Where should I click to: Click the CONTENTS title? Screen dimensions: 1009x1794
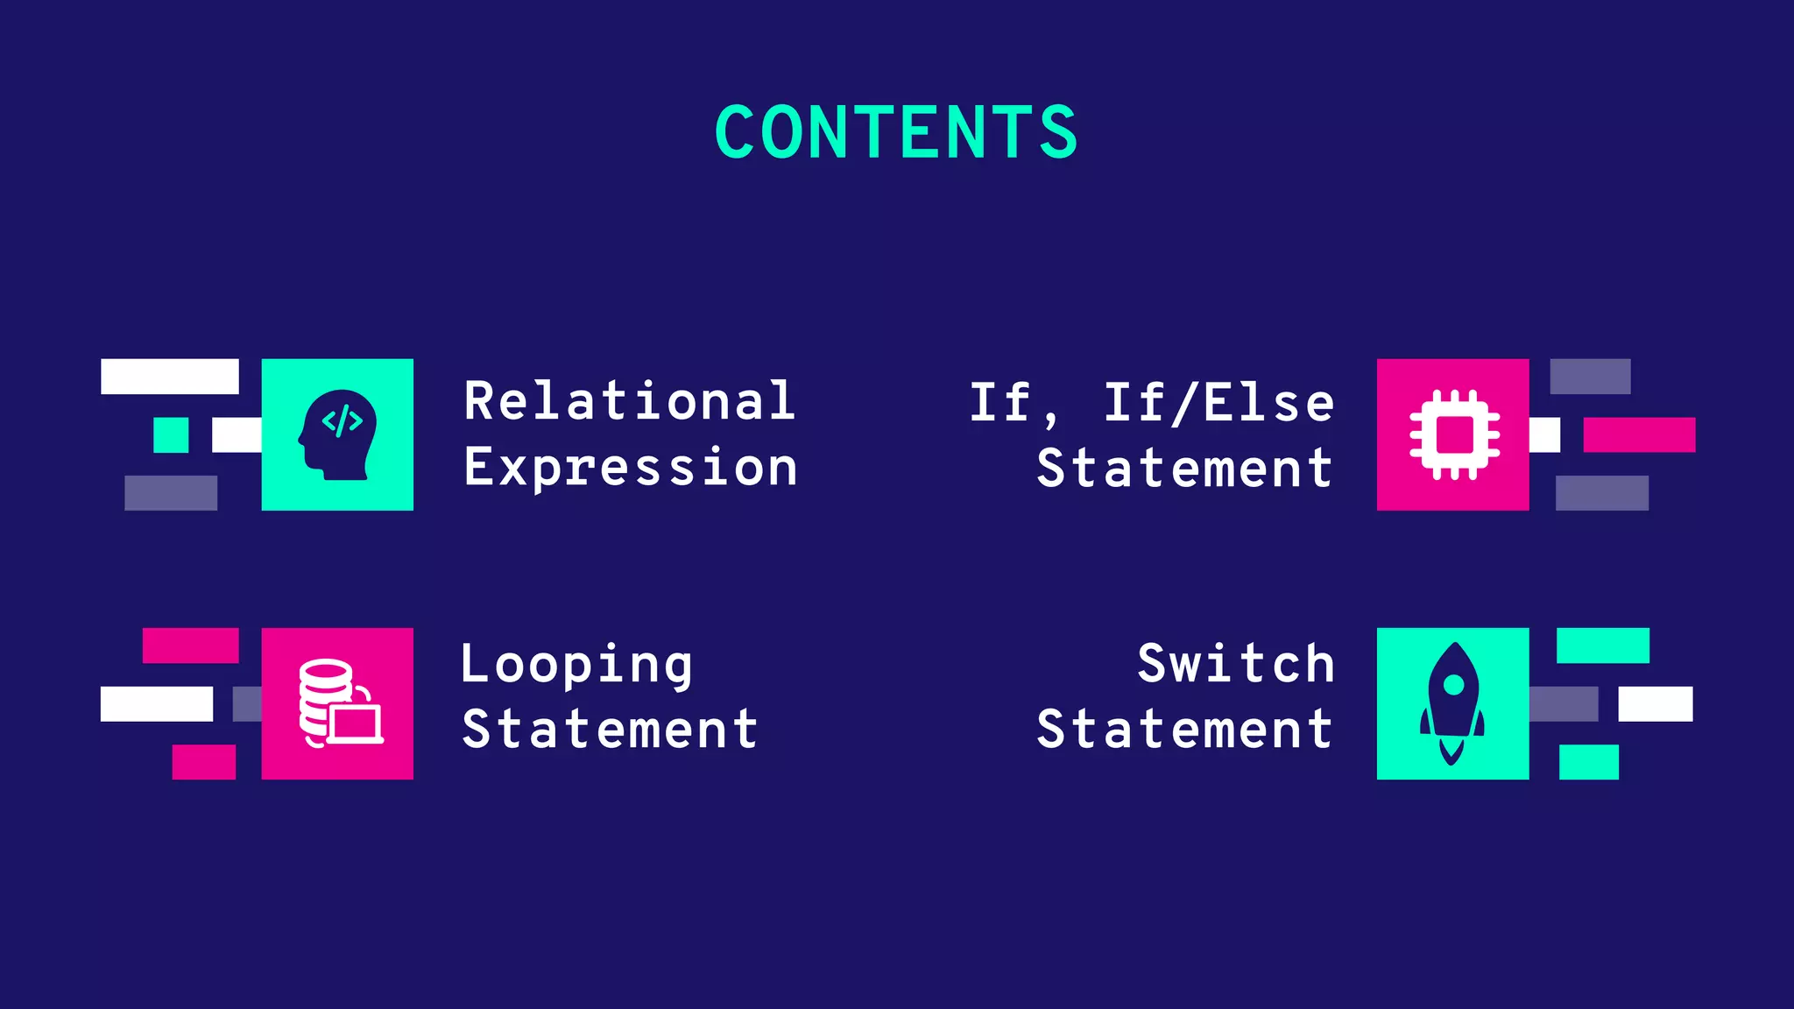point(896,132)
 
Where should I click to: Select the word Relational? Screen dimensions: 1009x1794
point(630,401)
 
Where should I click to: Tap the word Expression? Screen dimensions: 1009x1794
point(631,468)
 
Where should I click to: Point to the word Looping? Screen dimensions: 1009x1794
point(576,665)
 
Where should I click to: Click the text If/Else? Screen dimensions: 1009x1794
point(1218,403)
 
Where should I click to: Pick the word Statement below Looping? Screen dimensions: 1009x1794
point(610,729)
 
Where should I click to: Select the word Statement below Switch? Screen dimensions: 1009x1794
point(1184,729)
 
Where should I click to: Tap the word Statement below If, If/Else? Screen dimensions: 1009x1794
point(1184,468)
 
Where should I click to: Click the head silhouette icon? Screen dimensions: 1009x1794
point(338,434)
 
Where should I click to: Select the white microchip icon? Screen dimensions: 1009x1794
point(1454,434)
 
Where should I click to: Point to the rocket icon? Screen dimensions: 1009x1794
point(1452,703)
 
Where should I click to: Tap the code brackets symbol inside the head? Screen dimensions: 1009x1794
point(342,421)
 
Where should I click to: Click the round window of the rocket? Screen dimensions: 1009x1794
point(1453,684)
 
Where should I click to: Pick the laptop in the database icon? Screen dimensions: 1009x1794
point(357,723)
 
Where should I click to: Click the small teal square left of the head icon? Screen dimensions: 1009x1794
point(171,434)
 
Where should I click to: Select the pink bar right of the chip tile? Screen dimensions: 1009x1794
point(1638,434)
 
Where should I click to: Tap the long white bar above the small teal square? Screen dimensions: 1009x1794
point(169,376)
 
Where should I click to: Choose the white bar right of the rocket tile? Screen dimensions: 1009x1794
point(1655,703)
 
